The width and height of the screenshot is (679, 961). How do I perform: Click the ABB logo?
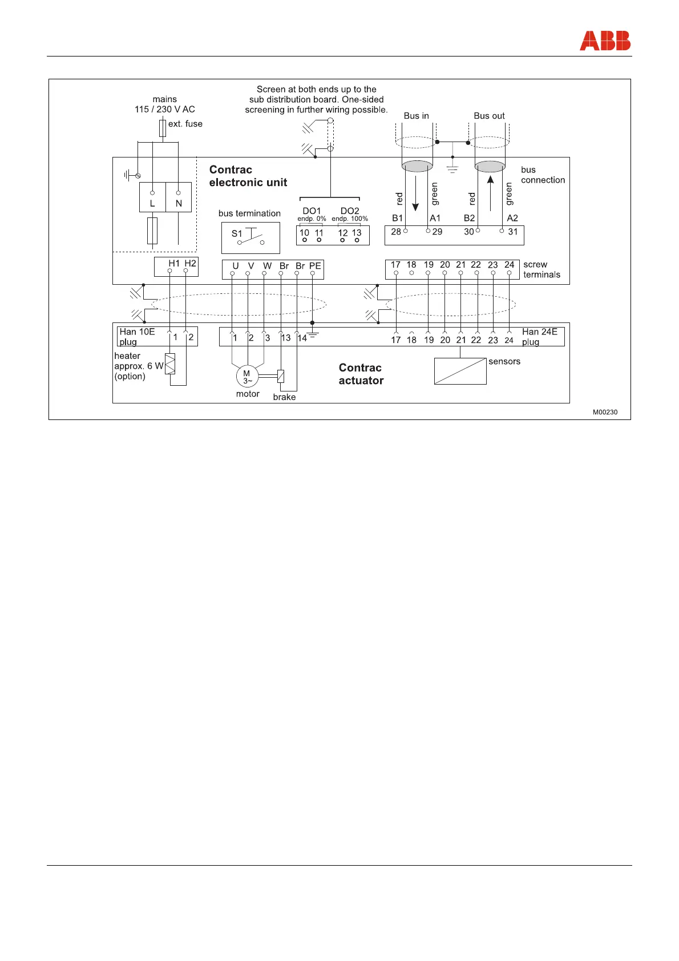point(605,41)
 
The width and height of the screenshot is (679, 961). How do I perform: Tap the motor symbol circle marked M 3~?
point(247,377)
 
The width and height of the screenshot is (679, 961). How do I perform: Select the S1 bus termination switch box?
point(250,237)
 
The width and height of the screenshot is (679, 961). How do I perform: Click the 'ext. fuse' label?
point(185,124)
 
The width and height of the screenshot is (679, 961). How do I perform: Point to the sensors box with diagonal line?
point(460,371)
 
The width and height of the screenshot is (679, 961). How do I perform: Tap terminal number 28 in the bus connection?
point(396,232)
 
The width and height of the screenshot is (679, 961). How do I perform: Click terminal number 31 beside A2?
point(513,232)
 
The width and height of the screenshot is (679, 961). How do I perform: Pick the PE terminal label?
point(315,266)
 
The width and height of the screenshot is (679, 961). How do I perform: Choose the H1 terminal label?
point(174,263)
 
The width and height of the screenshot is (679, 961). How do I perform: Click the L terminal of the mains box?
point(152,203)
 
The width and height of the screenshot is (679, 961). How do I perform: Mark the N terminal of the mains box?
point(179,203)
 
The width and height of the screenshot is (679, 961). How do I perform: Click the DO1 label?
point(312,211)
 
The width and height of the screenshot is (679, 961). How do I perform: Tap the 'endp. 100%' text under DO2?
point(350,219)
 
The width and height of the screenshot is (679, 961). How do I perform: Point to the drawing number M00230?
point(605,412)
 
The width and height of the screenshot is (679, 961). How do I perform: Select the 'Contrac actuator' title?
point(361,374)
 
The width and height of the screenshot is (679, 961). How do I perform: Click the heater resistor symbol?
point(170,364)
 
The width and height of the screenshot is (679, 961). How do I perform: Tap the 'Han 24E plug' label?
point(539,337)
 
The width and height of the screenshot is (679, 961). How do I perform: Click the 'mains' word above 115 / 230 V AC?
point(164,99)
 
